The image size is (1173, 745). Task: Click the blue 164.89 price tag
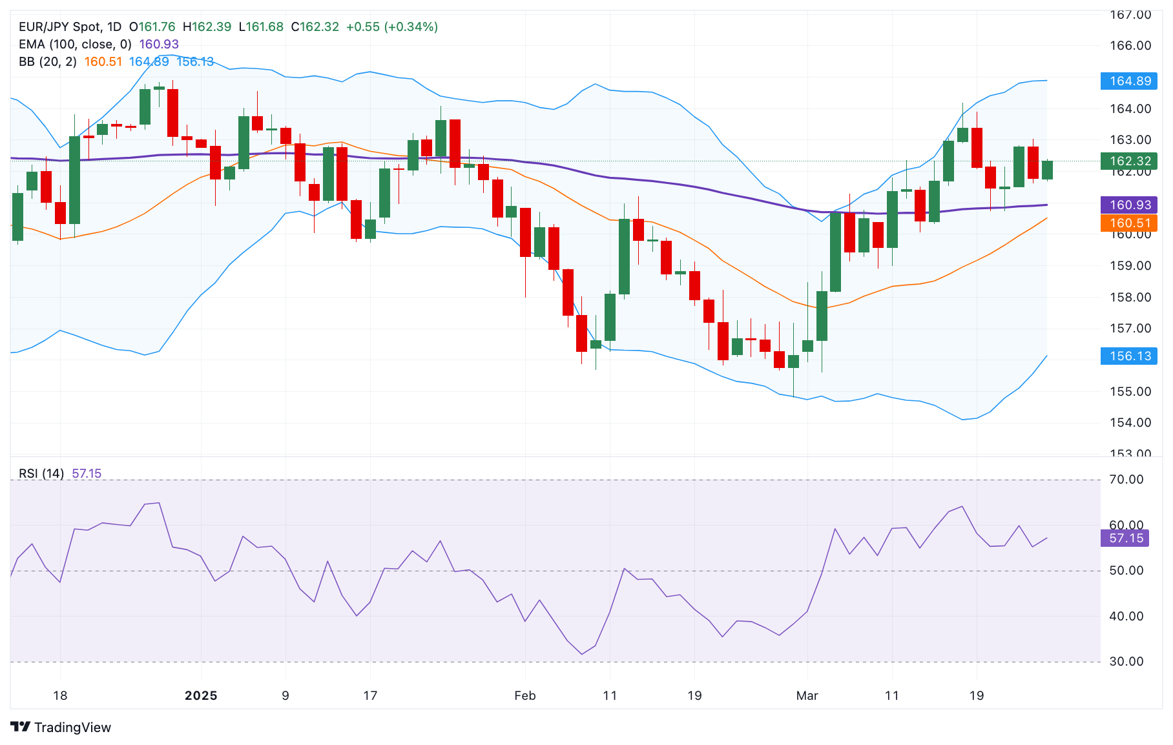[x=1130, y=81]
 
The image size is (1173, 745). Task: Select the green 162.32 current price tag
[x=1130, y=161]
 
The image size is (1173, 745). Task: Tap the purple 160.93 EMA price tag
[x=1130, y=205]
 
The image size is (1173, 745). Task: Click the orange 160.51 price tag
[x=1130, y=223]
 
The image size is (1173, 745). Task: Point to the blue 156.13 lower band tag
[x=1130, y=356]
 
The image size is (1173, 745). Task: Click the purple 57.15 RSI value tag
[x=1125, y=538]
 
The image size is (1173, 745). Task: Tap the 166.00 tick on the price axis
[x=1130, y=46]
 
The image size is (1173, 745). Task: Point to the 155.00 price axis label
[x=1130, y=392]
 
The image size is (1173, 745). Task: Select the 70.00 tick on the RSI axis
[x=1126, y=480]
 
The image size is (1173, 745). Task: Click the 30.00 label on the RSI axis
[x=1126, y=662]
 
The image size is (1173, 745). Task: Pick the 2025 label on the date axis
[x=201, y=696]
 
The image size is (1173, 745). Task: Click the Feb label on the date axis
[x=525, y=696]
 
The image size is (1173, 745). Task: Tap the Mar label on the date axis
[x=807, y=696]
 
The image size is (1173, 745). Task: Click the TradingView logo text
[x=72, y=728]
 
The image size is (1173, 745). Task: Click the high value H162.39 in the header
[x=207, y=27]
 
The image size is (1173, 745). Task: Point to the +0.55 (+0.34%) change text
[x=392, y=27]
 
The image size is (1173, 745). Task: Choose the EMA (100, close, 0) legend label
[x=75, y=45]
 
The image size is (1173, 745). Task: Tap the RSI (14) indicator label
[x=41, y=474]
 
